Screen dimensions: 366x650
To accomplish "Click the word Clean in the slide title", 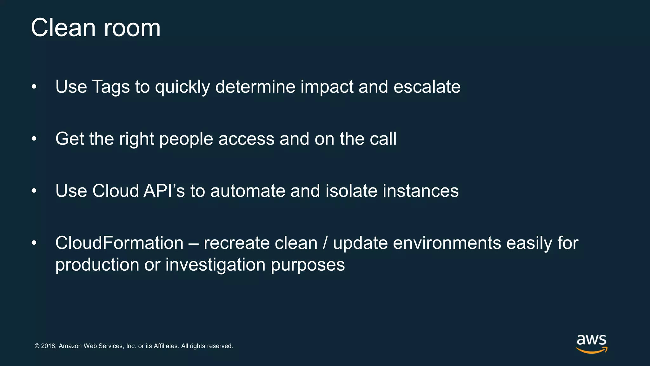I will (x=63, y=28).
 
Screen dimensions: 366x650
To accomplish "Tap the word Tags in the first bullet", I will (x=111, y=87).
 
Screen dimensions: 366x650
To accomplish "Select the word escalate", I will (x=427, y=87).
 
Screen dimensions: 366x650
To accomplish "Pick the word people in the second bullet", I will (x=186, y=139).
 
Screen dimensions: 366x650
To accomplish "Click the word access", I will (x=246, y=139).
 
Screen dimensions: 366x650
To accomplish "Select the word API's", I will (x=164, y=191).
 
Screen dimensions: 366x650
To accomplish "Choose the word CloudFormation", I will (x=119, y=243).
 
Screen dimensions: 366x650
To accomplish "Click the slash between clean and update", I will (x=325, y=243).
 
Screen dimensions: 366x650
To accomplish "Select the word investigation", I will (x=215, y=265).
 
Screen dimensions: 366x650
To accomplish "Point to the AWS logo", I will (x=592, y=343).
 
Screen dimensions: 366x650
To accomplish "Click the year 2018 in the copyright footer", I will (x=48, y=346).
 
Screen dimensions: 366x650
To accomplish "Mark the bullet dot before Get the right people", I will (x=34, y=139).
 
